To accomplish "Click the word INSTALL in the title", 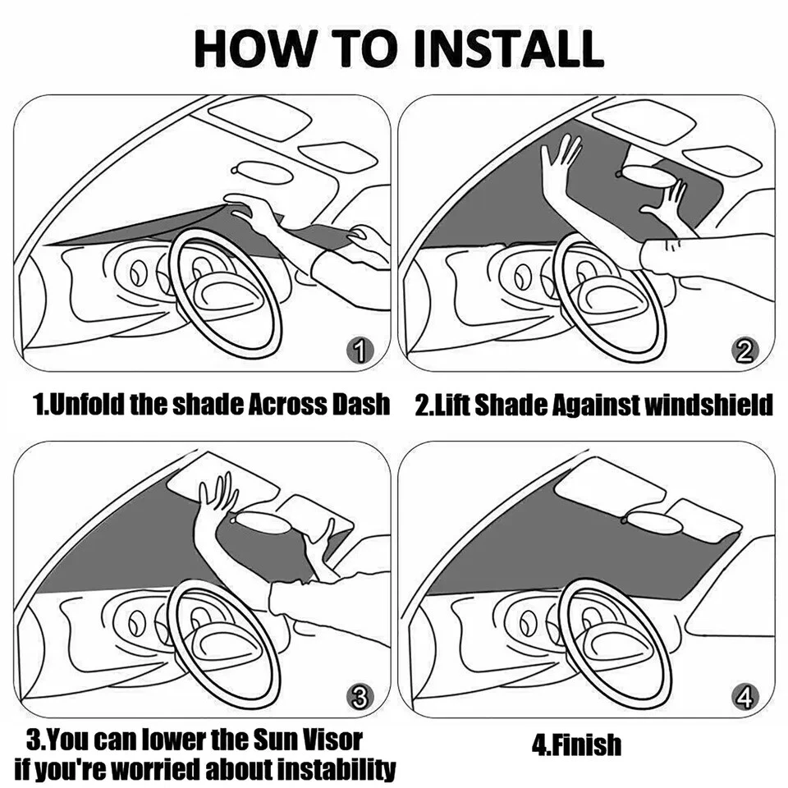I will pyautogui.click(x=509, y=49).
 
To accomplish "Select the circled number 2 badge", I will pyautogui.click(x=744, y=352).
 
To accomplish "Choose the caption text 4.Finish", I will pyautogui.click(x=576, y=744).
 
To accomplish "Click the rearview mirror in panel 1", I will pyautogui.click(x=264, y=172).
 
